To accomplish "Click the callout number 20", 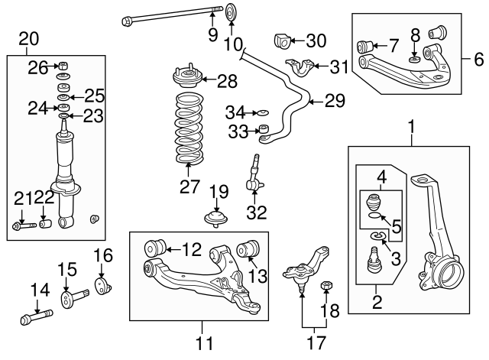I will point(28,37).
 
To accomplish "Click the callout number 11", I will point(203,343).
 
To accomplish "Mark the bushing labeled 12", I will point(156,247).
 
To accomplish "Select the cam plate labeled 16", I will point(101,287).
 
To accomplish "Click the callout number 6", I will point(478,58).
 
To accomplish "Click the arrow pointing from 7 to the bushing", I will point(381,44).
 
